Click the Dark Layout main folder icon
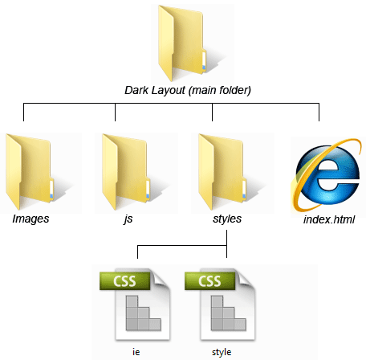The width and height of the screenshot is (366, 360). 182,43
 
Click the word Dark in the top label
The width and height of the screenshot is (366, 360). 136,90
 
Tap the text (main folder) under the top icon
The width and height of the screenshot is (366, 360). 220,91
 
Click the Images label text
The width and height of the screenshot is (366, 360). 31,219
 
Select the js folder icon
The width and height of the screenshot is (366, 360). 126,172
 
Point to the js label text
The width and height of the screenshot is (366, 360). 128,219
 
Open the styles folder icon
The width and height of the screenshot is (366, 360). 222,172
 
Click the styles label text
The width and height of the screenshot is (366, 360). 227,219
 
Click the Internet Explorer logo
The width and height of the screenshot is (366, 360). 327,174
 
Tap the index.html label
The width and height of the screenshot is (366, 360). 329,219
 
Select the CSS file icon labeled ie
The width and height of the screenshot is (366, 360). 135,305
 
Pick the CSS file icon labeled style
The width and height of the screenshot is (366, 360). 220,305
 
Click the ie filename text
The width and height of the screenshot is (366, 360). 136,352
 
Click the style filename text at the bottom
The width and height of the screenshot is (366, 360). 222,352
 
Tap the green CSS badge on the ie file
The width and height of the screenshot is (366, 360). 124,281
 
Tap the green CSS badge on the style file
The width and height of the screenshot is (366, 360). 209,281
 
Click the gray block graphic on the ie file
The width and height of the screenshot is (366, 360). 144,313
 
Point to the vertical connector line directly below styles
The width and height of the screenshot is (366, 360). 227,243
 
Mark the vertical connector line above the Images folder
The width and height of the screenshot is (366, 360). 23,112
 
